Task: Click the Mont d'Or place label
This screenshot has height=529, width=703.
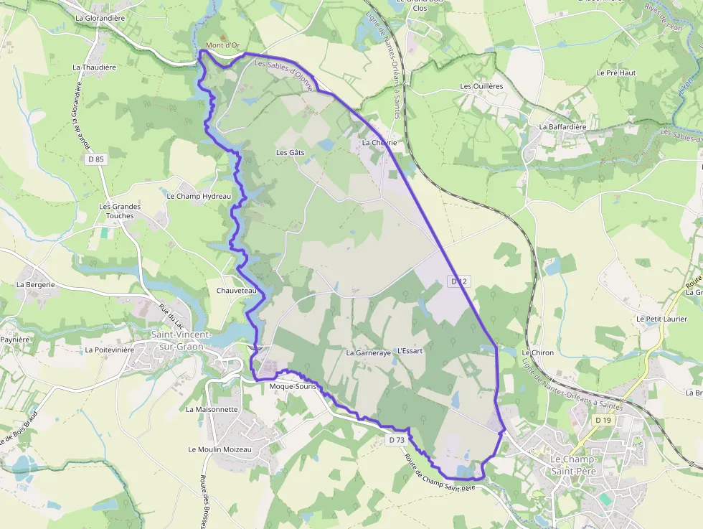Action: click(x=222, y=46)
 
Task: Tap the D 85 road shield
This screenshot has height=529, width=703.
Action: click(x=96, y=159)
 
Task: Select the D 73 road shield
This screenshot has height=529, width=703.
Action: click(x=396, y=439)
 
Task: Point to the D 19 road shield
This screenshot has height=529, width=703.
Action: click(x=603, y=419)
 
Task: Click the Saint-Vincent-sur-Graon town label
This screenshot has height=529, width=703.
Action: click(x=181, y=340)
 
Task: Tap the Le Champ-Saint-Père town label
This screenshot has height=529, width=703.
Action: click(x=578, y=464)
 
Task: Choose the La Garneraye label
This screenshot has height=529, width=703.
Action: click(x=368, y=352)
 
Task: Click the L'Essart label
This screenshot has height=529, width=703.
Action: click(x=410, y=351)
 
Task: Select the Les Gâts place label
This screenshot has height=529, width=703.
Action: click(x=291, y=153)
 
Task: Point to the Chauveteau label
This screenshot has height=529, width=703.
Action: click(x=236, y=291)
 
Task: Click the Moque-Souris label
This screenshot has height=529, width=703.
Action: click(x=292, y=386)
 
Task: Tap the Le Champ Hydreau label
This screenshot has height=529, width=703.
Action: click(x=199, y=196)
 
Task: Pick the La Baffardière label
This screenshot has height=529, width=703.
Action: click(x=562, y=127)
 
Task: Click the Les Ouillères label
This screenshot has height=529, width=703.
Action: click(x=481, y=86)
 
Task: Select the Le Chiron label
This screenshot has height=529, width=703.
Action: click(x=538, y=353)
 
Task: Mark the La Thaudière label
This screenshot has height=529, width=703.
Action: click(x=94, y=67)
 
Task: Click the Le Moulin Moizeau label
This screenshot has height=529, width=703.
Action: click(x=220, y=449)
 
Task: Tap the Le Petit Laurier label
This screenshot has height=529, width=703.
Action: click(x=661, y=319)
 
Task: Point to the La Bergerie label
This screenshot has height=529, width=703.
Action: click(x=36, y=284)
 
